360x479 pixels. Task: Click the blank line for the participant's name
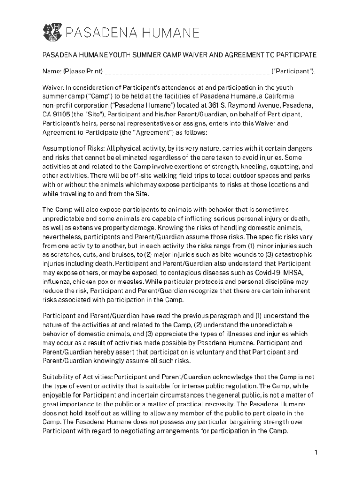(x=187, y=72)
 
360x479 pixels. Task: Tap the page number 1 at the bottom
(x=316, y=452)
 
